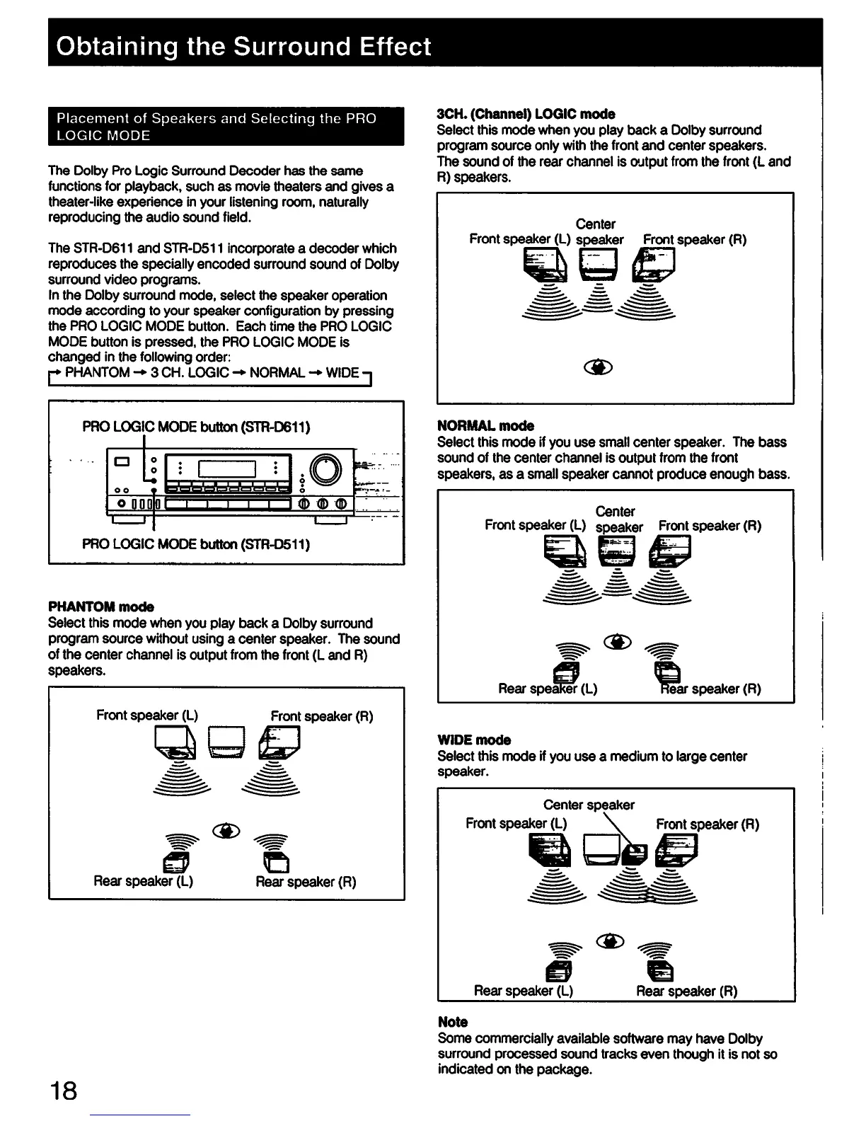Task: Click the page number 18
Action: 63,1091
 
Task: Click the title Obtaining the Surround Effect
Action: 243,47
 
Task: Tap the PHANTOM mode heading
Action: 100,607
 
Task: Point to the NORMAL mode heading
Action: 485,425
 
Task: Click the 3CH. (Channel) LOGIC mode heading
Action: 526,114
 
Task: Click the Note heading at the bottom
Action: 453,1022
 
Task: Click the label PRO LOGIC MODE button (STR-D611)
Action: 197,427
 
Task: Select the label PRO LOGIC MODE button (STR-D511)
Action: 196,544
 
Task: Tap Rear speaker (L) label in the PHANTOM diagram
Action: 143,881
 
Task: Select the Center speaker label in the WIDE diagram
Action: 589,805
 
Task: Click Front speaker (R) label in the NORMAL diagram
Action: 710,526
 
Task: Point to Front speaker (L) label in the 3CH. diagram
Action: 519,239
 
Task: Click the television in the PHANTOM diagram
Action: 226,742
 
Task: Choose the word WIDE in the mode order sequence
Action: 342,372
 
